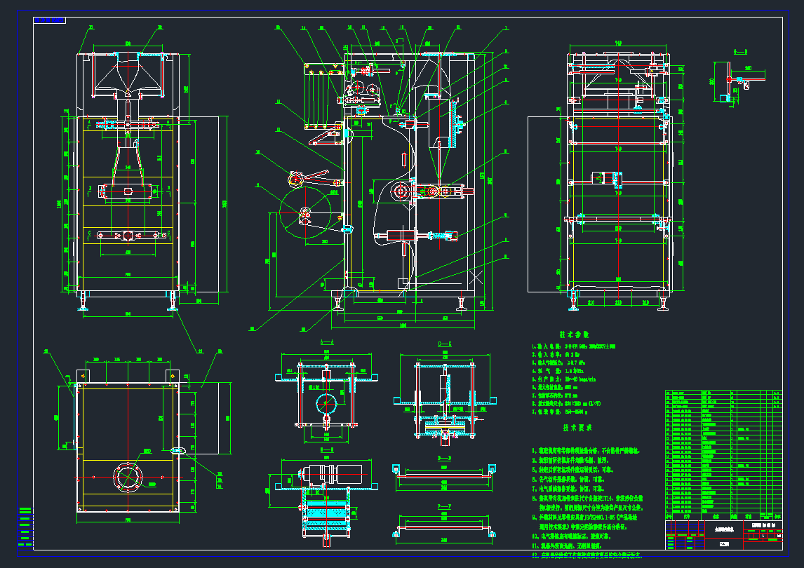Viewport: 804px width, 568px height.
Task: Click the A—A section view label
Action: [x=326, y=342]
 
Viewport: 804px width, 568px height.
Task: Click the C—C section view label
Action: [x=445, y=344]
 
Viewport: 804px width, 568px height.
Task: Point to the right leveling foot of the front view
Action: [x=172, y=302]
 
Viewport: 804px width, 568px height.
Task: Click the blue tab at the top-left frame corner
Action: [x=50, y=20]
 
